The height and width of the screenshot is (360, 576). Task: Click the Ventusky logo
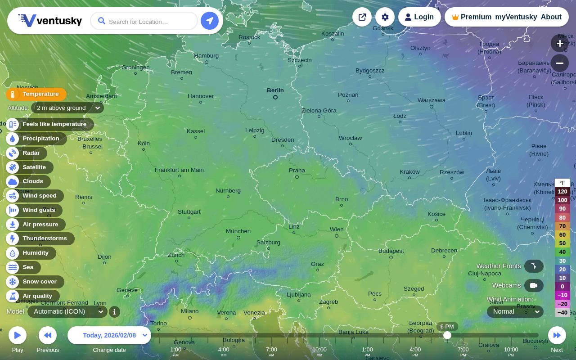point(50,21)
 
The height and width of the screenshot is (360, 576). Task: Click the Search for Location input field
point(144,21)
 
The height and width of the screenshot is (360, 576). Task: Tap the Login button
point(419,17)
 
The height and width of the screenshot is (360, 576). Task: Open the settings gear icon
point(385,17)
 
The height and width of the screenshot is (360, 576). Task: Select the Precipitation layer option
point(40,139)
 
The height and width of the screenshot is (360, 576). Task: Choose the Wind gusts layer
point(39,210)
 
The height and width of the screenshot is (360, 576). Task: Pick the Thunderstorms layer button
point(44,238)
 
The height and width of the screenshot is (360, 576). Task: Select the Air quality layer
point(37,296)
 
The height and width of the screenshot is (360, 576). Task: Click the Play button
point(18,335)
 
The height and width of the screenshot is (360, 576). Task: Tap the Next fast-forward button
point(557,335)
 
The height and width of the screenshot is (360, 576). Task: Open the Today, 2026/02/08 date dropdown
point(109,335)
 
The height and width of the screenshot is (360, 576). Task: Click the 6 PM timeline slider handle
point(447,335)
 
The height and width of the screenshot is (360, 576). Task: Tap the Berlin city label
point(275,90)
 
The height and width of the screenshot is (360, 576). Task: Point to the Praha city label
point(297,171)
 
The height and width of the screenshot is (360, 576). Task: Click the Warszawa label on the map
point(431,100)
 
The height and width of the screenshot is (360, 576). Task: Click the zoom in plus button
point(560,43)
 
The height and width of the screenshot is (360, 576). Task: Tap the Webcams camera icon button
point(534,285)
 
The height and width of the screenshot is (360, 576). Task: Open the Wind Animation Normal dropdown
point(515,311)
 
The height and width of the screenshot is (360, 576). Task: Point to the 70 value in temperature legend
point(562,226)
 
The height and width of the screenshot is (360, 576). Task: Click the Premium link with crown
point(472,17)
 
